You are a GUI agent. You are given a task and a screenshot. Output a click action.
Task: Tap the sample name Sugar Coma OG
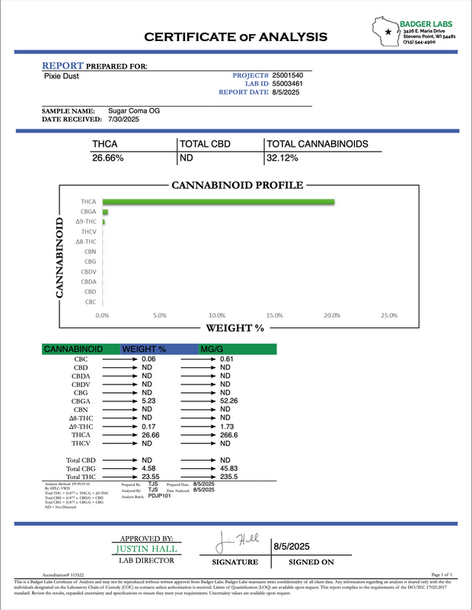pos(134,110)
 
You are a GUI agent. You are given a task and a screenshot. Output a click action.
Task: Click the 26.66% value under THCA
pos(108,158)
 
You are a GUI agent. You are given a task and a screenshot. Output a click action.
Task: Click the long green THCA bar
pos(218,201)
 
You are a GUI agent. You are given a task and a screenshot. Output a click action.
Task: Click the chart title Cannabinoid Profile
pos(238,185)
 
